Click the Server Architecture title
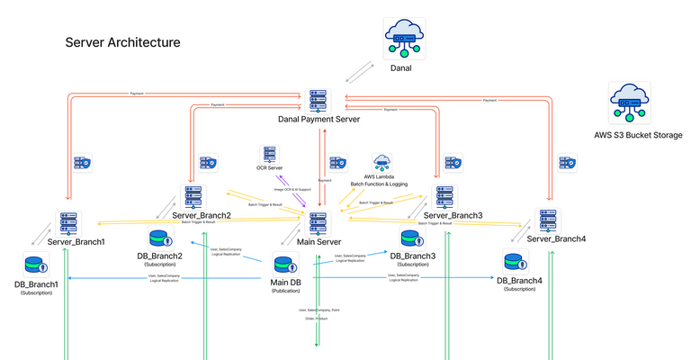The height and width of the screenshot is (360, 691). [122, 42]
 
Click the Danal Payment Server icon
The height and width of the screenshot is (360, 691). [318, 100]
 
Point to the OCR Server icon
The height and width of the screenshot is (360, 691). [270, 154]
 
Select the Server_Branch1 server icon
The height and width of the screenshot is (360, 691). [66, 222]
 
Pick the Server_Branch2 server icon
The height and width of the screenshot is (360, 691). [193, 197]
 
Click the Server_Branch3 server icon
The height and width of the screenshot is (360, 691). [444, 197]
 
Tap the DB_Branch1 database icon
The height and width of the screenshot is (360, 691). [36, 265]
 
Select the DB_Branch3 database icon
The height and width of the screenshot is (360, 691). [413, 240]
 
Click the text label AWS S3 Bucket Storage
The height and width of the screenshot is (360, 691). [638, 136]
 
